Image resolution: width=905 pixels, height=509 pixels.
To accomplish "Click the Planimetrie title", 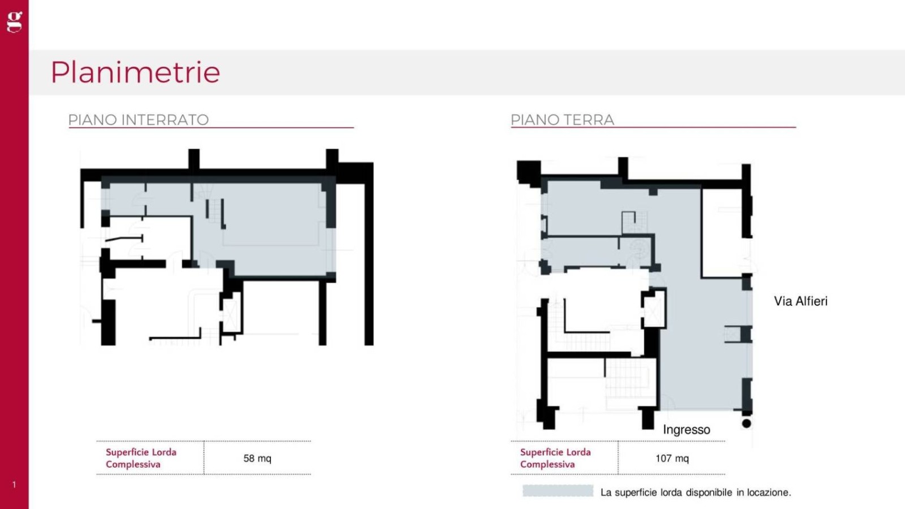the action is [x=135, y=73].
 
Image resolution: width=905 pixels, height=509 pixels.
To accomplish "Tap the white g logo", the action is [x=15, y=22].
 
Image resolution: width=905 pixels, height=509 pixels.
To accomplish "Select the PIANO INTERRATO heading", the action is [x=139, y=120].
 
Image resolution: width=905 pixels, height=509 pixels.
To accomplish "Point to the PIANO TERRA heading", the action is [x=562, y=120].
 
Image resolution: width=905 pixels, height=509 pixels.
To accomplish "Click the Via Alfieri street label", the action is [x=801, y=301].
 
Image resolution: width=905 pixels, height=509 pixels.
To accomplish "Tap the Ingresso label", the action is [x=687, y=429].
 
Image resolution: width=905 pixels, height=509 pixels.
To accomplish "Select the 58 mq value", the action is [x=257, y=458].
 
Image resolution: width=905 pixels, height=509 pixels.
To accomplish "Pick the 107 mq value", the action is [x=672, y=458].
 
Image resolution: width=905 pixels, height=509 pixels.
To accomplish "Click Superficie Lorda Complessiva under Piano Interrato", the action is [x=141, y=458].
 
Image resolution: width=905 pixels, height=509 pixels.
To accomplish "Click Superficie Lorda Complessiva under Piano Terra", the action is [x=555, y=458].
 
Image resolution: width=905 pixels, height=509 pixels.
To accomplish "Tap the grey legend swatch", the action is [x=558, y=491].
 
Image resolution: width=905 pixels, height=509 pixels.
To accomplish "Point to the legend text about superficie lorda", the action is [x=696, y=493].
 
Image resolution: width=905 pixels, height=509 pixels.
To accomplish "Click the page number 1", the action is [x=14, y=484].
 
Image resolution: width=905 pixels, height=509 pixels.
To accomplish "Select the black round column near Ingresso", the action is [x=747, y=424].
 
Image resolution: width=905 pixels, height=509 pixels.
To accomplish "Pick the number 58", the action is [x=248, y=458].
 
